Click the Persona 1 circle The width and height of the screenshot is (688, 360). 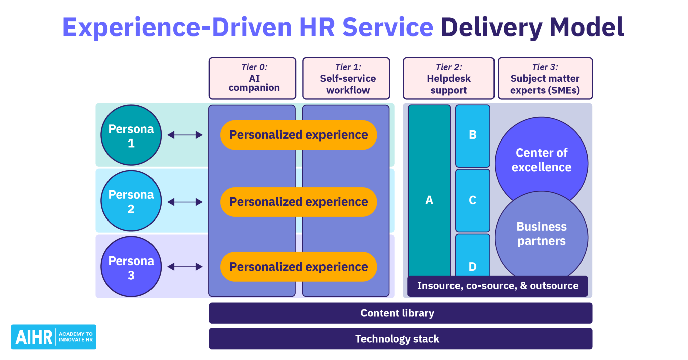point(131,135)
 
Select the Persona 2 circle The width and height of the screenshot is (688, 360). point(131,201)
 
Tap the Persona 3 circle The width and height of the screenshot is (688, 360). point(131,267)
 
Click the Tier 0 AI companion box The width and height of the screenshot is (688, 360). point(252,79)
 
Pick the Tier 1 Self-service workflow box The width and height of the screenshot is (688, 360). point(346,79)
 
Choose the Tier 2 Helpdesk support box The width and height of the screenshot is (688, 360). point(448,79)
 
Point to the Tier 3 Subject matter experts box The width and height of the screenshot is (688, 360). point(545,79)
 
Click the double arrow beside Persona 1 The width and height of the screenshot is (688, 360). point(185,135)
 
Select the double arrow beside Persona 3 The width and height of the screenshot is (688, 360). point(185,267)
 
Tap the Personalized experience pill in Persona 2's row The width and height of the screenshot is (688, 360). point(298,202)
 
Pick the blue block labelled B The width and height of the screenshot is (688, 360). point(473,135)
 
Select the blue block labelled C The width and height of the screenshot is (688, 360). point(473,200)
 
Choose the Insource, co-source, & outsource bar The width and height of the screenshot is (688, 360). point(498,286)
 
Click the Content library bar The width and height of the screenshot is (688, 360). point(400,313)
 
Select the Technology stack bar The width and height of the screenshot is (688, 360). point(400,339)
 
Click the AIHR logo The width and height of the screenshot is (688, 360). point(54,337)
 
